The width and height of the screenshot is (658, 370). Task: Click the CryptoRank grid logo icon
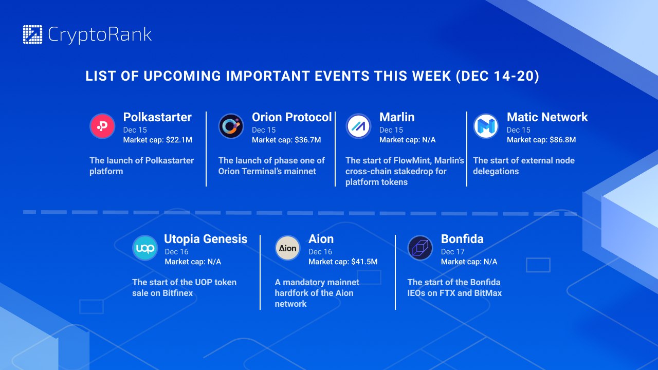pyautogui.click(x=32, y=34)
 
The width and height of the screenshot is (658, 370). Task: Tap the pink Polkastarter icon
pyautogui.click(x=102, y=126)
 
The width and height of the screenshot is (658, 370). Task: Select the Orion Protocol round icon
pyautogui.click(x=231, y=126)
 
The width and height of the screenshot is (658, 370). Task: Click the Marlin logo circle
pyautogui.click(x=358, y=126)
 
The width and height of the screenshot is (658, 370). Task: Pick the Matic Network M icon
pyautogui.click(x=486, y=126)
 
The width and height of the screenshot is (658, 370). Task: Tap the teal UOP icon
pyautogui.click(x=145, y=248)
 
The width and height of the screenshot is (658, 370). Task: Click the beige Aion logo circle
pyautogui.click(x=287, y=248)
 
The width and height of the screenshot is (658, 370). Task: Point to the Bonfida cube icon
pyautogui.click(x=420, y=248)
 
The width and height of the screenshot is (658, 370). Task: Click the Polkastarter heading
pyautogui.click(x=157, y=117)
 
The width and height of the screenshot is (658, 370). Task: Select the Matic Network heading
pyautogui.click(x=547, y=117)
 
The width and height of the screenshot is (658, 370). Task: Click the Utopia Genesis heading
pyautogui.click(x=206, y=239)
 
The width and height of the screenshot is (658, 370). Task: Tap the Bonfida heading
pyautogui.click(x=462, y=239)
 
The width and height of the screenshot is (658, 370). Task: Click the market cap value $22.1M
pyautogui.click(x=179, y=140)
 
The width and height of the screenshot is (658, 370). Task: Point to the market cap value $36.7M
pyautogui.click(x=308, y=140)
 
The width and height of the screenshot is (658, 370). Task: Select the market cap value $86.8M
pyautogui.click(x=563, y=140)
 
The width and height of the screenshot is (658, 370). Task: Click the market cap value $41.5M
pyautogui.click(x=364, y=262)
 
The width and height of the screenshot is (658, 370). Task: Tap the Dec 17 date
pyautogui.click(x=453, y=252)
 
